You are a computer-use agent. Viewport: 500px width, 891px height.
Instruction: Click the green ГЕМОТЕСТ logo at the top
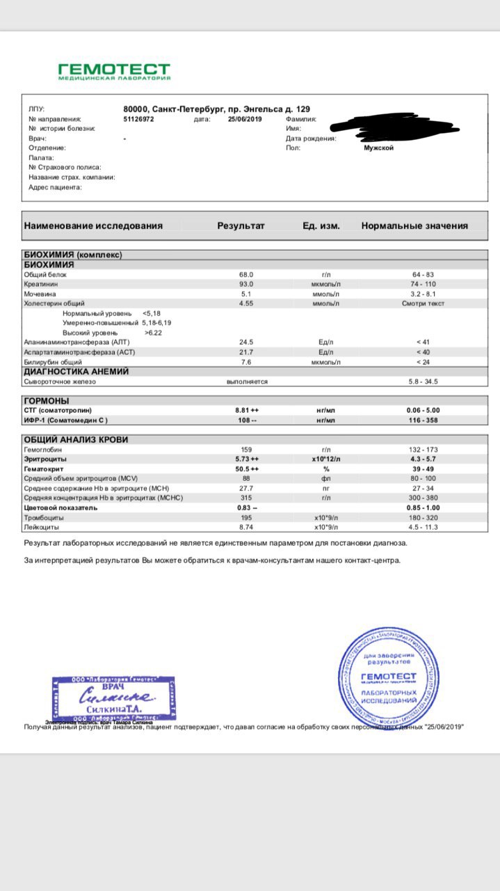tap(113, 71)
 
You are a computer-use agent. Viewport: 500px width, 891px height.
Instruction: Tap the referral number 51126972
tap(138, 119)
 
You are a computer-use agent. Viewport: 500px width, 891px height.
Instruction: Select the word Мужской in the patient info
tap(378, 148)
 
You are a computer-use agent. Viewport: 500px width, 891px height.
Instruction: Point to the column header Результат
tap(241, 226)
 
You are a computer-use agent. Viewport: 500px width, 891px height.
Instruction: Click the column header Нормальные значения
tap(414, 226)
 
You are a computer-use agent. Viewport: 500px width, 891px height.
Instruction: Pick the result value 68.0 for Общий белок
tap(246, 275)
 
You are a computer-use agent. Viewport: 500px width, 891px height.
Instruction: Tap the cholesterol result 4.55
tap(246, 304)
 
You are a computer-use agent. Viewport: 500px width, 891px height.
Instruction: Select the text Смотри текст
tap(424, 304)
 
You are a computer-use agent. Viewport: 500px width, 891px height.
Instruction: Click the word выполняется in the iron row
tap(247, 381)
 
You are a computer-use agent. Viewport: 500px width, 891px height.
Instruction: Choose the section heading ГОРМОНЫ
tap(47, 401)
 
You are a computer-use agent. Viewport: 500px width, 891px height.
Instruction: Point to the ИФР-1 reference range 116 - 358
tap(424, 420)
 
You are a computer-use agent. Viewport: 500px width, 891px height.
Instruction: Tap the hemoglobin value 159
tap(246, 450)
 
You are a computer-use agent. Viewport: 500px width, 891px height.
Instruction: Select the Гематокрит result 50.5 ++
tap(247, 469)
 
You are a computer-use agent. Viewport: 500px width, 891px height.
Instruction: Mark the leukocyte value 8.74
tap(246, 528)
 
